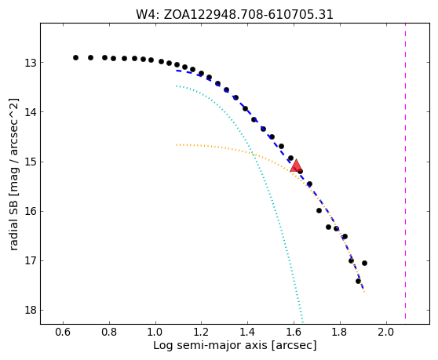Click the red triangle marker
[x=295, y=166]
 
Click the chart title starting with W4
[x=235, y=14]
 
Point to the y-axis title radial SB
[x=13, y=174]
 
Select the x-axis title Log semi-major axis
[x=235, y=345]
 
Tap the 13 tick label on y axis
[x=31, y=63]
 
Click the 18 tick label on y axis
[x=31, y=311]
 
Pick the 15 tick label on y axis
[x=31, y=162]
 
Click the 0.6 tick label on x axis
[x=63, y=332]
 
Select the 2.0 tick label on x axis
[x=386, y=332]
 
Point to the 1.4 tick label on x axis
[x=248, y=332]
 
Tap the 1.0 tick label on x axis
[x=155, y=332]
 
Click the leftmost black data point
[x=75, y=57]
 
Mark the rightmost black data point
[x=364, y=263]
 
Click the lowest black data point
[x=358, y=281]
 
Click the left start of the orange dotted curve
[x=177, y=145]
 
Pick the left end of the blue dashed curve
[x=177, y=71]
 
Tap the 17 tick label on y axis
[x=31, y=261]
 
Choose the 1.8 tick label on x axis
[x=340, y=332]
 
